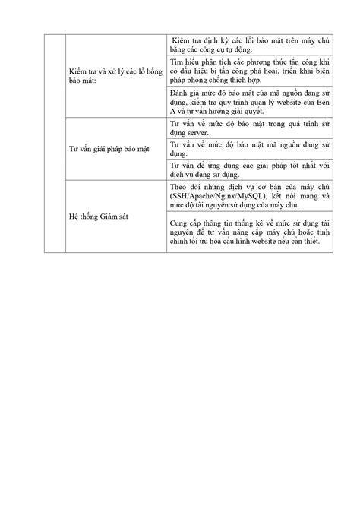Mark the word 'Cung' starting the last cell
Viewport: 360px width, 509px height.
[x=181, y=221]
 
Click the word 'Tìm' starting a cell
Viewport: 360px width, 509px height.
[x=178, y=61]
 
